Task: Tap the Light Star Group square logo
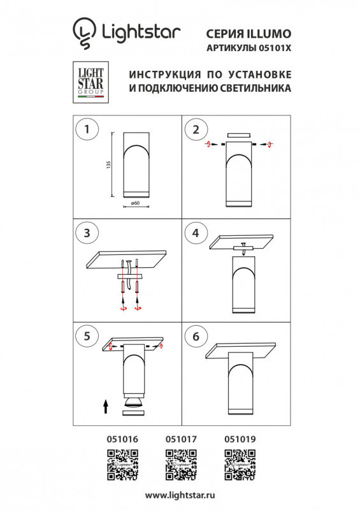tap(89, 83)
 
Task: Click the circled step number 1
tap(86, 129)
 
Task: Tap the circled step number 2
tap(196, 129)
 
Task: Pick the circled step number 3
tap(86, 233)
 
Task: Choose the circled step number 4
tap(196, 233)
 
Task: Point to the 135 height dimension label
tap(109, 165)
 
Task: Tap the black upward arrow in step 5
tap(106, 405)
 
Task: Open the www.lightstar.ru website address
tap(180, 495)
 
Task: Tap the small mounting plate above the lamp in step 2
tap(239, 135)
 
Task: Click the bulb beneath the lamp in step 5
tap(134, 401)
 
